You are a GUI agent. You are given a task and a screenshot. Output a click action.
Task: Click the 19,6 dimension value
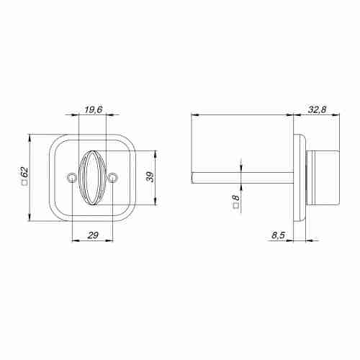(x=94, y=109)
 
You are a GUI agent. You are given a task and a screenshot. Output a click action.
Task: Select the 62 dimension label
(x=24, y=173)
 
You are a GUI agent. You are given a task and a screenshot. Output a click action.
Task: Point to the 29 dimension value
(x=93, y=235)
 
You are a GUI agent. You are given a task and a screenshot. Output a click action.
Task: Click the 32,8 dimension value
(x=318, y=109)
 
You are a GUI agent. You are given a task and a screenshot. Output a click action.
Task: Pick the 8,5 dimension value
(x=279, y=235)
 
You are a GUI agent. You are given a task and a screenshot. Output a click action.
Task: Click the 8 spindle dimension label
(x=236, y=198)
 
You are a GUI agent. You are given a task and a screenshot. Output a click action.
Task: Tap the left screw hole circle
(x=71, y=178)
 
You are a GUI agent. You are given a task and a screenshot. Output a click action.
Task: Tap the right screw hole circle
(x=112, y=178)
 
